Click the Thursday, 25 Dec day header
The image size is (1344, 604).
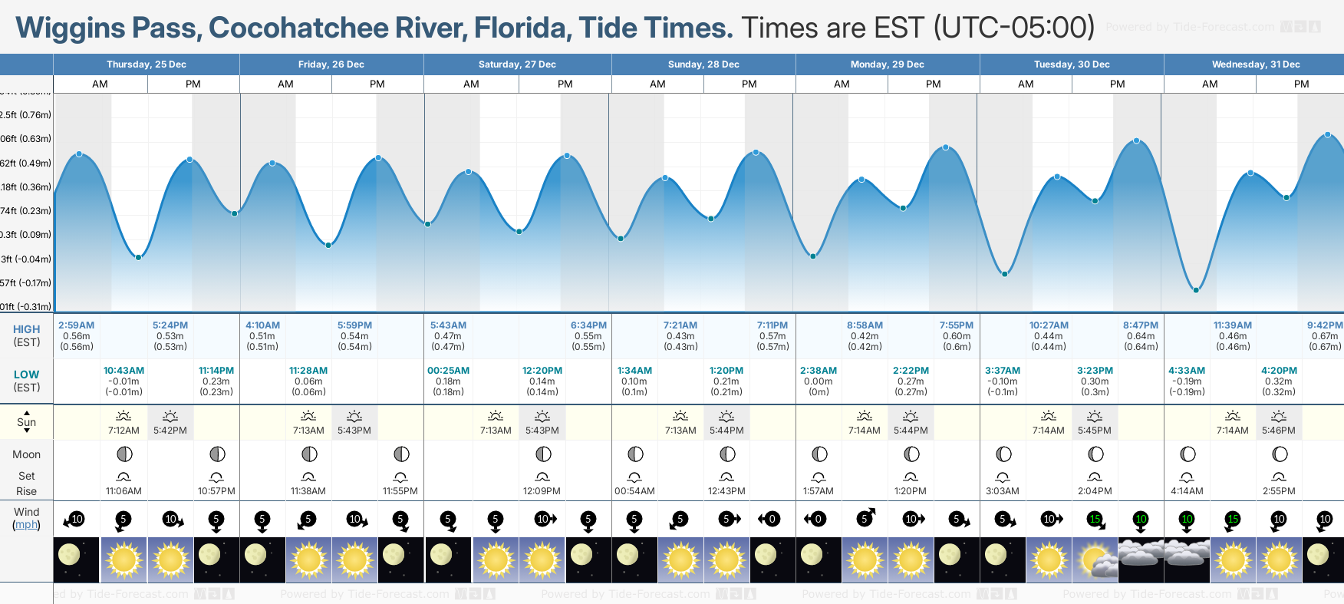coord(147,64)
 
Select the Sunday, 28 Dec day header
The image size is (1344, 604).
coord(703,64)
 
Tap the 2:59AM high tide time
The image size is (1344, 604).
coord(77,325)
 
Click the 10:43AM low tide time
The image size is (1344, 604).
coord(124,371)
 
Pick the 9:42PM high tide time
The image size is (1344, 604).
coord(1325,325)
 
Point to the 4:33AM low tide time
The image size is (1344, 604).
coord(1187,371)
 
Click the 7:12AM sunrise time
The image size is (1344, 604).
coord(124,431)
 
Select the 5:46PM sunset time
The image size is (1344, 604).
coord(1279,431)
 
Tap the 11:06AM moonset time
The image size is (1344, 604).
coord(124,491)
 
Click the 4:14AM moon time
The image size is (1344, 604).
coord(1187,491)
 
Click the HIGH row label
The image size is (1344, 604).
coord(26,329)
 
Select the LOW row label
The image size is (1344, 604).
coord(26,375)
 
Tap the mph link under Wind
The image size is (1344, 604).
coord(26,525)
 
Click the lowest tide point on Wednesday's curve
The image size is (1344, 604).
coord(1195,290)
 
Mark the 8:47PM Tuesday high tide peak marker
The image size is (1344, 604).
coord(1137,141)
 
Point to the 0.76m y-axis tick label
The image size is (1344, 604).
coord(26,115)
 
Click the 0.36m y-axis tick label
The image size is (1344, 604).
coord(26,187)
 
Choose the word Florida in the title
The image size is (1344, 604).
coord(522,28)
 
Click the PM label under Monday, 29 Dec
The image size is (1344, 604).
coord(934,84)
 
